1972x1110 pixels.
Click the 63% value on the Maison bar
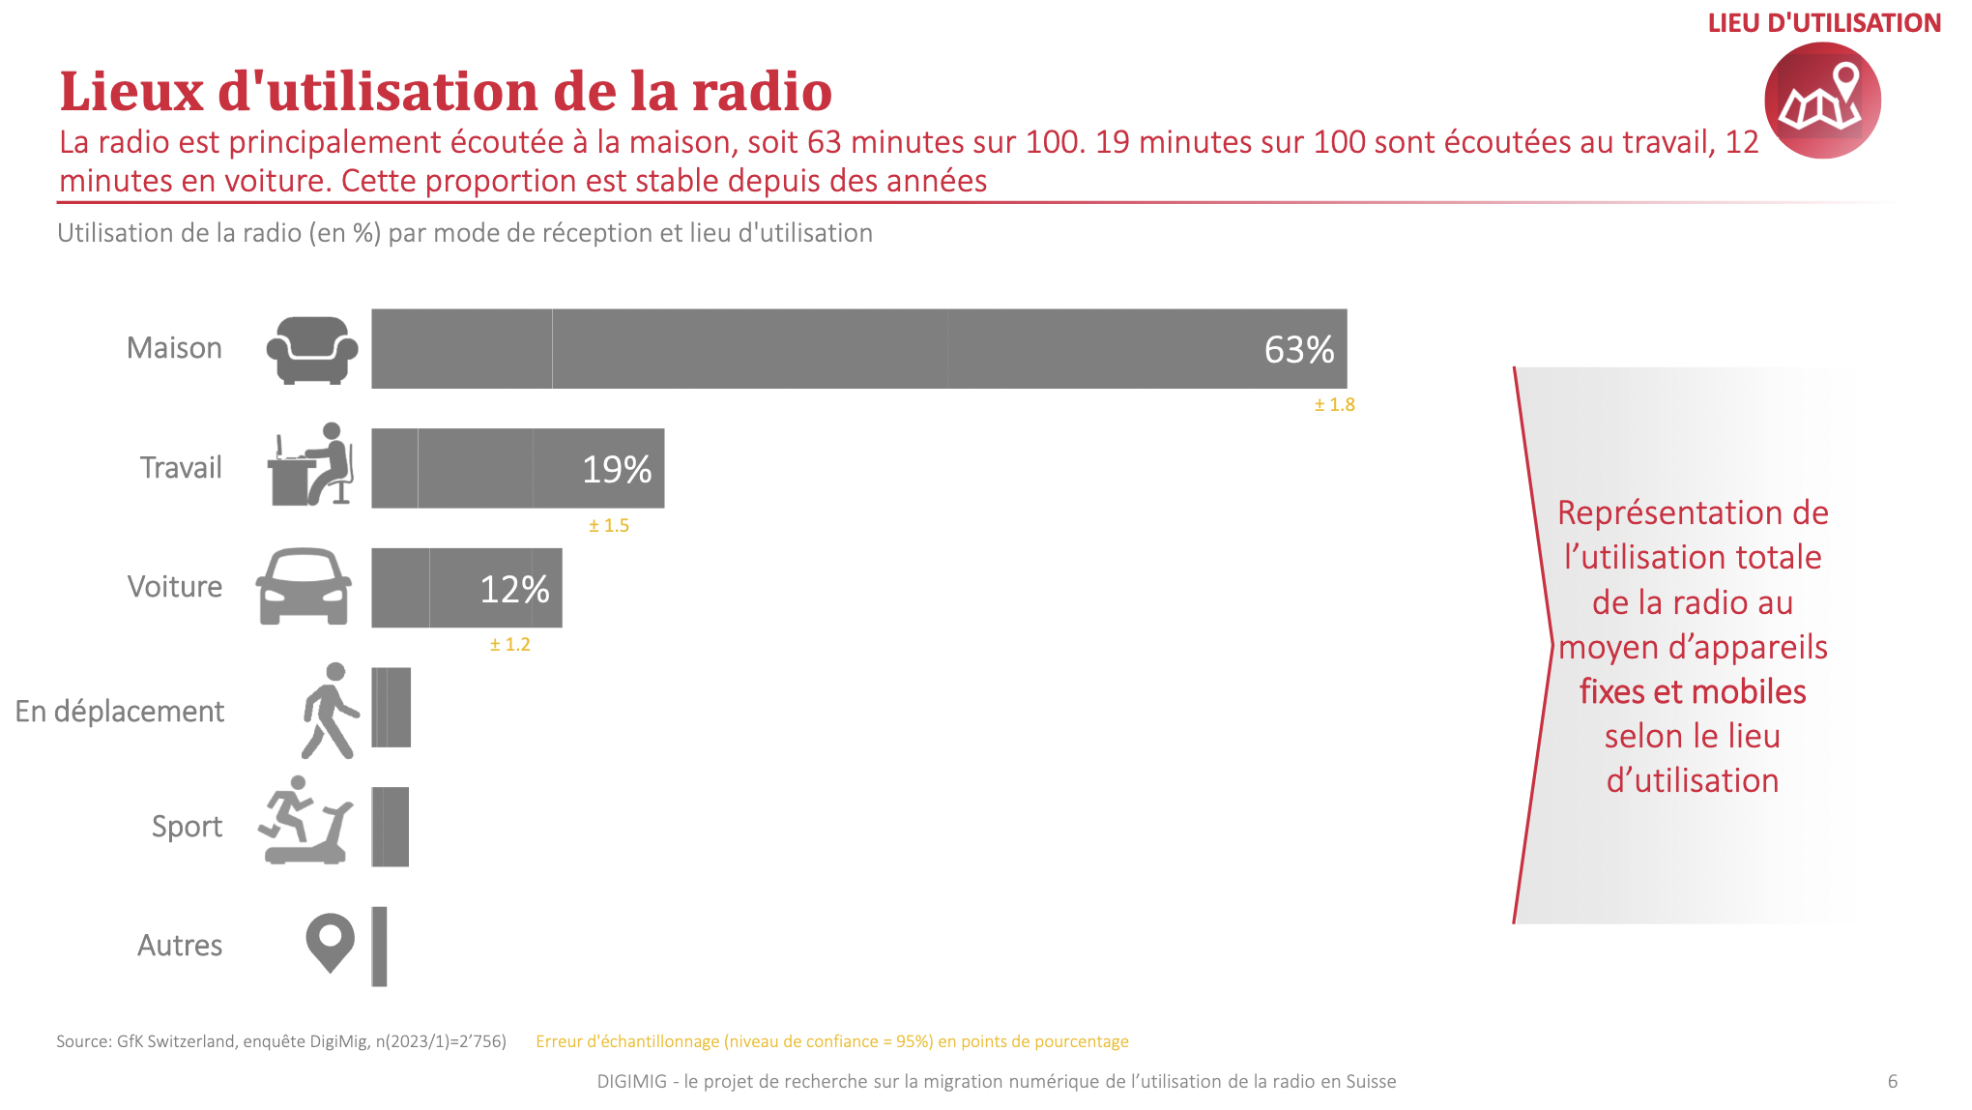1298,350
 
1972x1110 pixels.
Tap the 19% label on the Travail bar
616,470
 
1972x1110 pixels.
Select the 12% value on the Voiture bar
514,589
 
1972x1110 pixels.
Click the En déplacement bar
391,708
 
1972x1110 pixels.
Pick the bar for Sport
391,827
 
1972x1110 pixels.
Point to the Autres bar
379,947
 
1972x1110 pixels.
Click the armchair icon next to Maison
311,350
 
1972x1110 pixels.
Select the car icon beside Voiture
304,587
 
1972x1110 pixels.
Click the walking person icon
330,711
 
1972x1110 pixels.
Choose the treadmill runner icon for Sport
305,821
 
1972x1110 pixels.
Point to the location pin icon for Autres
330,942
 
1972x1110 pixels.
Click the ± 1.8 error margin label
1334,405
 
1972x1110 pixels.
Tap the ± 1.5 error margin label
609,526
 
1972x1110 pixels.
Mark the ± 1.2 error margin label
509,645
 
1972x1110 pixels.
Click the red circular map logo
1822,101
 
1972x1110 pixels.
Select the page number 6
1892,1081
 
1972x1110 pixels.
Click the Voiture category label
175,587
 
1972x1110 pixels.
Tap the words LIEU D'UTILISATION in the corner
1824,23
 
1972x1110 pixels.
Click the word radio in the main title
762,92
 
